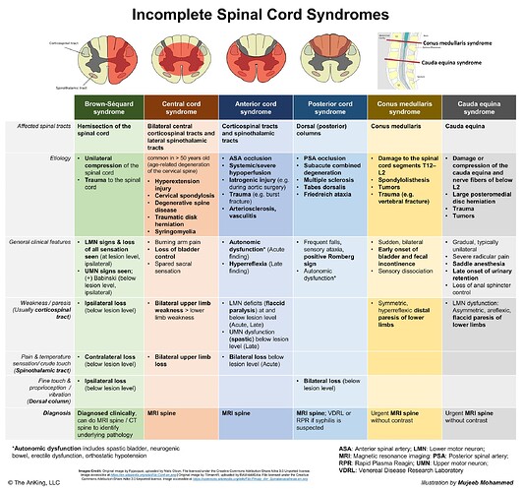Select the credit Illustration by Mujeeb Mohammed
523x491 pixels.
(462, 482)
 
